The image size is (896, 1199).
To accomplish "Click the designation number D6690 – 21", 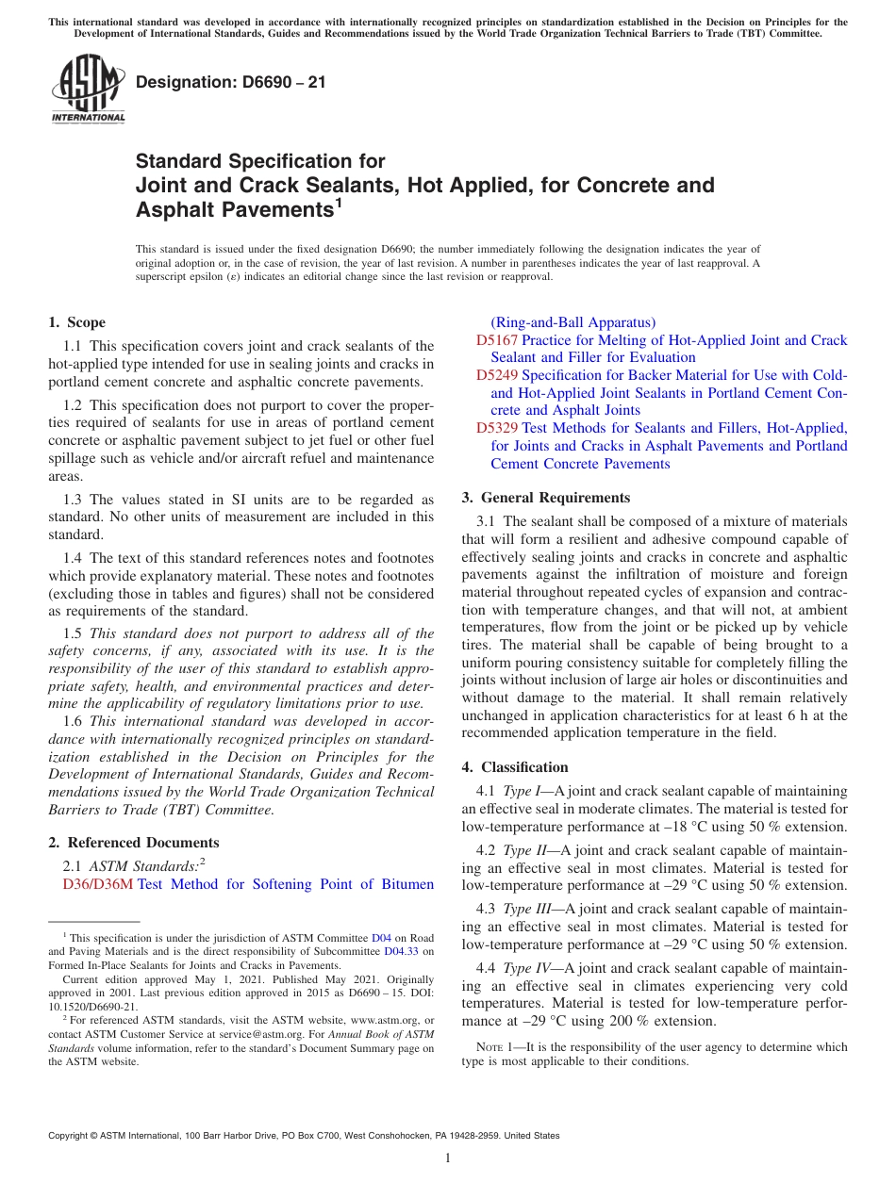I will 231,82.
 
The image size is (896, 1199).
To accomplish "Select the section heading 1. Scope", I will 77,322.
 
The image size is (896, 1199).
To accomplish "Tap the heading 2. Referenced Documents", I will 134,843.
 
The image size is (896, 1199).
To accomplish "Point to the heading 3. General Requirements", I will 546,498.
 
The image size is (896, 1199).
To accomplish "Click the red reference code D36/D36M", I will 97,884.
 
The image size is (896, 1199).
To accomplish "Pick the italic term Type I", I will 522,792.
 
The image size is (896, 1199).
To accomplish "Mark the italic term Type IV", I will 525,968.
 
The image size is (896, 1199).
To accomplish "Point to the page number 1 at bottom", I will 448,1158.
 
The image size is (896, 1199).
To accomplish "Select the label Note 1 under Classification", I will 493,1047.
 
